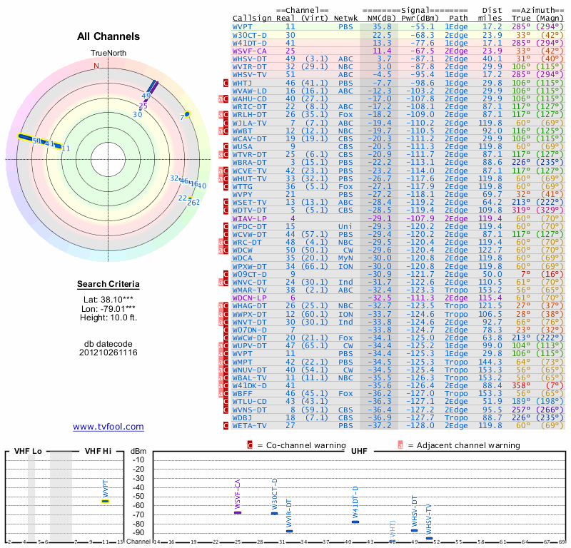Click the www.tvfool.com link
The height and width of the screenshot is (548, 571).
108,427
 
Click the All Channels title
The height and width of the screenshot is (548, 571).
108,36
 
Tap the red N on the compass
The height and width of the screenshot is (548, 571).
96,66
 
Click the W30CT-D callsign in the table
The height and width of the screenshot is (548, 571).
250,34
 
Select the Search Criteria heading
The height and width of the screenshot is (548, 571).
108,285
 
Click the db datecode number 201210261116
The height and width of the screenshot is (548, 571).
108,352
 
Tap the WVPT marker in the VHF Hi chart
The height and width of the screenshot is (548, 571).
105,501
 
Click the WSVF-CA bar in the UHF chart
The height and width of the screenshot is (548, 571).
238,512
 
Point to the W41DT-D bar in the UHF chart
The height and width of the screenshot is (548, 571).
355,522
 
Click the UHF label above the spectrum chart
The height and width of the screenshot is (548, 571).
358,451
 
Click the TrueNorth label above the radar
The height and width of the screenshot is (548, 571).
108,54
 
